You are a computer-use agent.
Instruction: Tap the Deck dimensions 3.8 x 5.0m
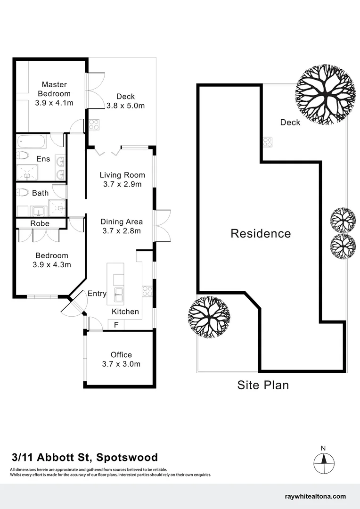pos(125,106)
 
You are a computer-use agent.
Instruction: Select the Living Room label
pos(123,175)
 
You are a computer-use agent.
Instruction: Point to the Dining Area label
pos(122,222)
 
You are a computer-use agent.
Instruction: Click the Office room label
pos(121,355)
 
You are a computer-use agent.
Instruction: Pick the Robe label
pos(40,223)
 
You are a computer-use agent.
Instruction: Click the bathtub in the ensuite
pos(31,141)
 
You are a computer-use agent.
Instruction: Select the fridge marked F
pos(116,325)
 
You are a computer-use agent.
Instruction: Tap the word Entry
pos(97,294)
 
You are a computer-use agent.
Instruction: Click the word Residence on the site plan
pos(261,233)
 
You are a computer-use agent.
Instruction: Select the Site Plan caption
pos(263,385)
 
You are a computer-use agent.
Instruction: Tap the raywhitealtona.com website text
pos(316,496)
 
